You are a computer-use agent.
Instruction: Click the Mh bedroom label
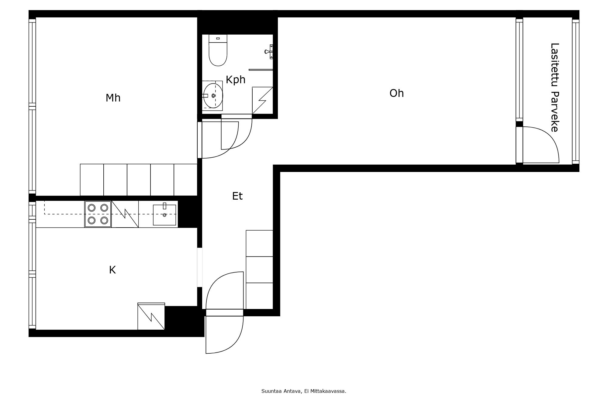(x=113, y=98)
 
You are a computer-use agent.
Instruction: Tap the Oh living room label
(x=397, y=93)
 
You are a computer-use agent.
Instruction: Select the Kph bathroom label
(x=236, y=80)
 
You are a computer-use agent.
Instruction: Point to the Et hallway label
(x=237, y=196)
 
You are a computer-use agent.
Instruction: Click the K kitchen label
(x=112, y=270)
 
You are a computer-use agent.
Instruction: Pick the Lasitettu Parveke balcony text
(x=555, y=88)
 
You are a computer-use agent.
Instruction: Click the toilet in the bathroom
(x=218, y=50)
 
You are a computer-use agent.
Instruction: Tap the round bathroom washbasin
(x=213, y=96)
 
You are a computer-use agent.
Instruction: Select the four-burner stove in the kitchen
(x=98, y=214)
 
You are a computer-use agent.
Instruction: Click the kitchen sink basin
(x=164, y=215)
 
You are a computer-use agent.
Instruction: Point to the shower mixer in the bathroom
(x=269, y=51)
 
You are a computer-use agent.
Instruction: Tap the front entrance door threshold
(x=225, y=313)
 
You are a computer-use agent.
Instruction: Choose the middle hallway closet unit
(x=259, y=270)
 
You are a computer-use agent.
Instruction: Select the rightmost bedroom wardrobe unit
(x=185, y=180)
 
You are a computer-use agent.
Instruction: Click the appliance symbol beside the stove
(x=125, y=214)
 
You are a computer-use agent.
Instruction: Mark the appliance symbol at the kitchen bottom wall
(x=151, y=316)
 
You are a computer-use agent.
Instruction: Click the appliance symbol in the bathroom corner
(x=262, y=101)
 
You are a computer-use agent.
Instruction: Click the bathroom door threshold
(x=237, y=116)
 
